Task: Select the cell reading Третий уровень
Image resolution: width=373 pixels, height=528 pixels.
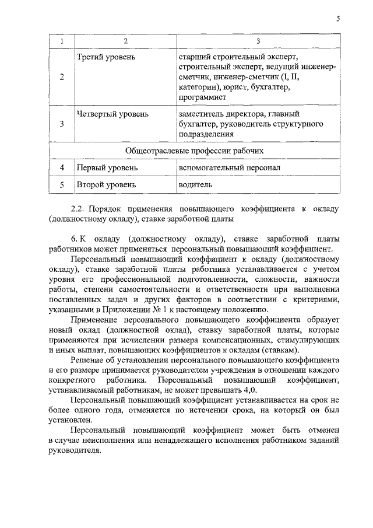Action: [x=106, y=57]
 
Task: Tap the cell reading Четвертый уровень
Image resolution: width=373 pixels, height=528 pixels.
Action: [x=112, y=114]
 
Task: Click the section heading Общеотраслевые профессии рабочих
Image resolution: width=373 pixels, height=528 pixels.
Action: [x=195, y=151]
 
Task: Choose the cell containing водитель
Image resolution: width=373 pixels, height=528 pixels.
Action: [x=196, y=186]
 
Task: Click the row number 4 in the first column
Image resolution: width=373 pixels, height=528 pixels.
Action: [x=62, y=168]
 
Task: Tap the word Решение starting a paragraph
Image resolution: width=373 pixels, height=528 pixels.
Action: [x=86, y=361]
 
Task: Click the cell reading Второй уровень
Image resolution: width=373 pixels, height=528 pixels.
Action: [x=106, y=186]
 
